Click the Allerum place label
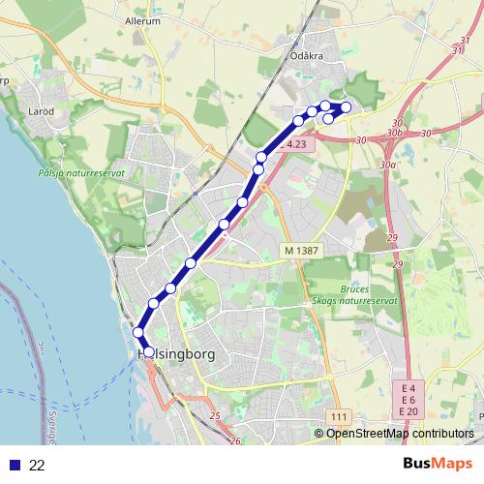[x=142, y=19]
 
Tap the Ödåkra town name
[x=305, y=56]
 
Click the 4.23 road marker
[x=297, y=144]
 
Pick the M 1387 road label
[x=301, y=251]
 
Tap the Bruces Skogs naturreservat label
[x=369, y=296]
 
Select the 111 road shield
[x=338, y=416]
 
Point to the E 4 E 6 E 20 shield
[x=408, y=400]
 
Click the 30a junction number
[x=388, y=166]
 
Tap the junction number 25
[x=214, y=416]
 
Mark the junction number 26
[x=236, y=440]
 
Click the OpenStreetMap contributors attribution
[x=400, y=434]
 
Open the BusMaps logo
[x=431, y=464]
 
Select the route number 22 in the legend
[x=37, y=465]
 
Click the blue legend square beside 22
[x=14, y=465]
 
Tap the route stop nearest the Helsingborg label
[x=148, y=351]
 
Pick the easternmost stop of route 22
[x=346, y=106]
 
